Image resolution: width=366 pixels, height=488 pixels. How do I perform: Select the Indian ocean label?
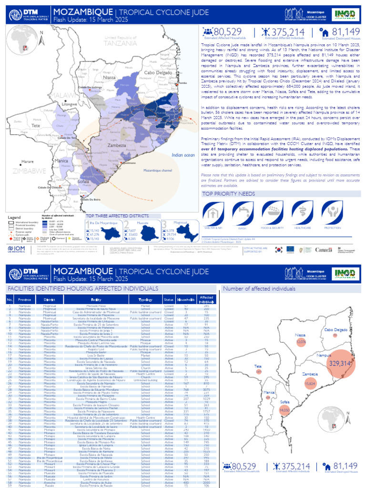click(x=183, y=155)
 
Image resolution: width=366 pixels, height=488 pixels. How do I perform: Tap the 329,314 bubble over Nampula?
click(x=340, y=363)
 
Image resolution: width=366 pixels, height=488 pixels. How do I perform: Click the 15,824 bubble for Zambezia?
click(x=310, y=383)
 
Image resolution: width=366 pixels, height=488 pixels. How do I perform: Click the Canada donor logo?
click(x=324, y=249)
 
